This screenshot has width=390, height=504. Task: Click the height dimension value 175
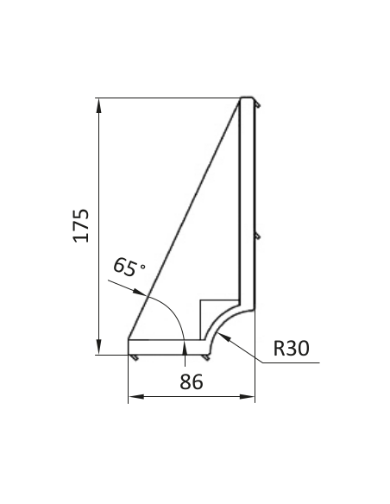point(81,225)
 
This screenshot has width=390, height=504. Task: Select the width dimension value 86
point(192,381)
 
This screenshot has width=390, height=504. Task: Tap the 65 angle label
point(125,267)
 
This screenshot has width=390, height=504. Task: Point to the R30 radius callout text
point(292,348)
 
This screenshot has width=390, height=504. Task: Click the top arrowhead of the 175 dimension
point(99,105)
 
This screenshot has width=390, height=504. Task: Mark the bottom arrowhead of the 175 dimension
point(99,347)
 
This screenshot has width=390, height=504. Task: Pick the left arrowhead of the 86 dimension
point(136,397)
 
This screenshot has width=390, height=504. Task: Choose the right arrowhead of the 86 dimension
point(247,397)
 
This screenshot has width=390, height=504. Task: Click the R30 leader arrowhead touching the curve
point(225,338)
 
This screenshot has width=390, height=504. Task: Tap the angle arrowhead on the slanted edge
point(140,292)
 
